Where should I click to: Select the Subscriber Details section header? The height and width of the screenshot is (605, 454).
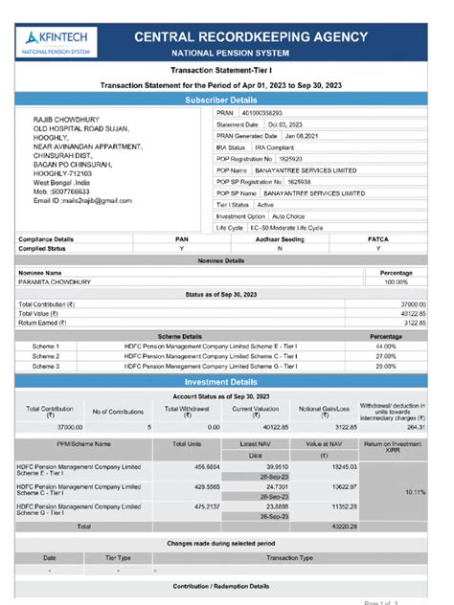coord(227,99)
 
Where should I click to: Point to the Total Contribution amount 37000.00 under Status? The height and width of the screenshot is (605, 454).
coord(412,303)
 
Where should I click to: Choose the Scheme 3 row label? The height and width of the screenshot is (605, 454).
coord(46,366)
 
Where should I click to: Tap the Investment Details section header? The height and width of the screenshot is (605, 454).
coord(227,382)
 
